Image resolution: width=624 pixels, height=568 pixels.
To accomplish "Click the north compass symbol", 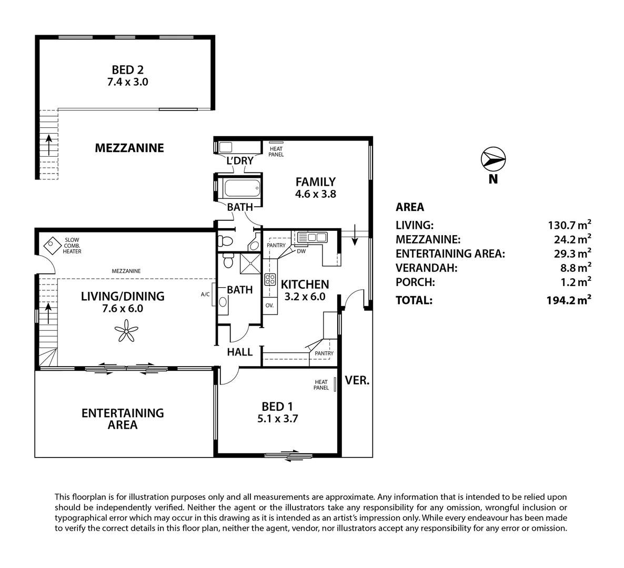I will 493,158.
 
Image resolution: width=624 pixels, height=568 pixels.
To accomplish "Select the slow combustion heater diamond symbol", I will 52,244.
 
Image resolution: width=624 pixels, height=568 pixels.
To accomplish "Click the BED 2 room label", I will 127,75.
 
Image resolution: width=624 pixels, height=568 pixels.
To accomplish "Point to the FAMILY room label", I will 315,187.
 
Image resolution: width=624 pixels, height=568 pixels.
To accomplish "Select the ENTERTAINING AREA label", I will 123,419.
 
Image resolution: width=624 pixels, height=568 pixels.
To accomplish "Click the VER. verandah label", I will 357,380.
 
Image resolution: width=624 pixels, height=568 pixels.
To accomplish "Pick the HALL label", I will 239,352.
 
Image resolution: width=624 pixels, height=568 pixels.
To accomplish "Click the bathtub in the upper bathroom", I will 241,187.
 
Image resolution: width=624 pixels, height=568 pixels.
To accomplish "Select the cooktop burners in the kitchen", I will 270,280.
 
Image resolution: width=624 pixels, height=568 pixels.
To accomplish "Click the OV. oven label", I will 269,305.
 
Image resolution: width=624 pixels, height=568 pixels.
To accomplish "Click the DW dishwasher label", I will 301,251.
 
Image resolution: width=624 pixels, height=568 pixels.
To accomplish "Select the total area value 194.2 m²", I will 569,300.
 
